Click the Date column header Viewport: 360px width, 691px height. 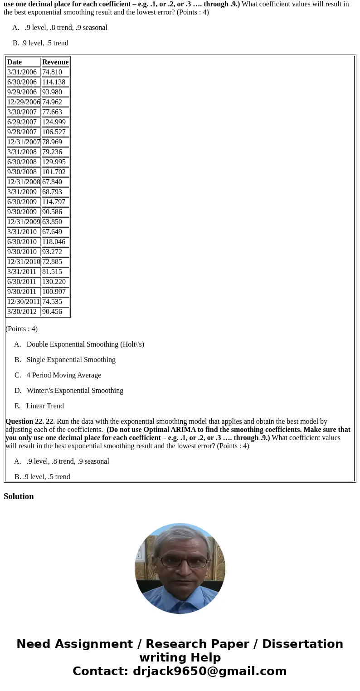click(x=15, y=62)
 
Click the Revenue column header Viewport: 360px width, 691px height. click(x=55, y=62)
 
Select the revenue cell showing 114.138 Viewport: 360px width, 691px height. click(x=54, y=82)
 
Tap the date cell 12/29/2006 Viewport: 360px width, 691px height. click(x=24, y=102)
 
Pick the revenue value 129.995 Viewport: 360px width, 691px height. click(x=54, y=162)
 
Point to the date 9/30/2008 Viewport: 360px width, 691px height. click(x=22, y=172)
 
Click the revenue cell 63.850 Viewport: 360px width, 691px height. click(x=52, y=222)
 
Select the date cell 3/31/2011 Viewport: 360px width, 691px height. click(x=22, y=272)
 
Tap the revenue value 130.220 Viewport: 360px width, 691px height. click(x=54, y=282)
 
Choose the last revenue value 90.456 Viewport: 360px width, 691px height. click(x=52, y=312)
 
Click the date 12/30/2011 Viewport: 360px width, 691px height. click(x=24, y=302)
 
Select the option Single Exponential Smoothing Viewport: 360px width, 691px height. click(x=71, y=360)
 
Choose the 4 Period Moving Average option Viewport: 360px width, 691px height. click(x=63, y=375)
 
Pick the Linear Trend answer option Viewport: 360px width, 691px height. click(x=45, y=406)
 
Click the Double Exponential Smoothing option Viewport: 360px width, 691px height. click(x=85, y=344)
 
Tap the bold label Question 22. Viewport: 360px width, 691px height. click(x=30, y=421)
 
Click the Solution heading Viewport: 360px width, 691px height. click(x=19, y=496)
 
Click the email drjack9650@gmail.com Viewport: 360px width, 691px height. click(x=209, y=671)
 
